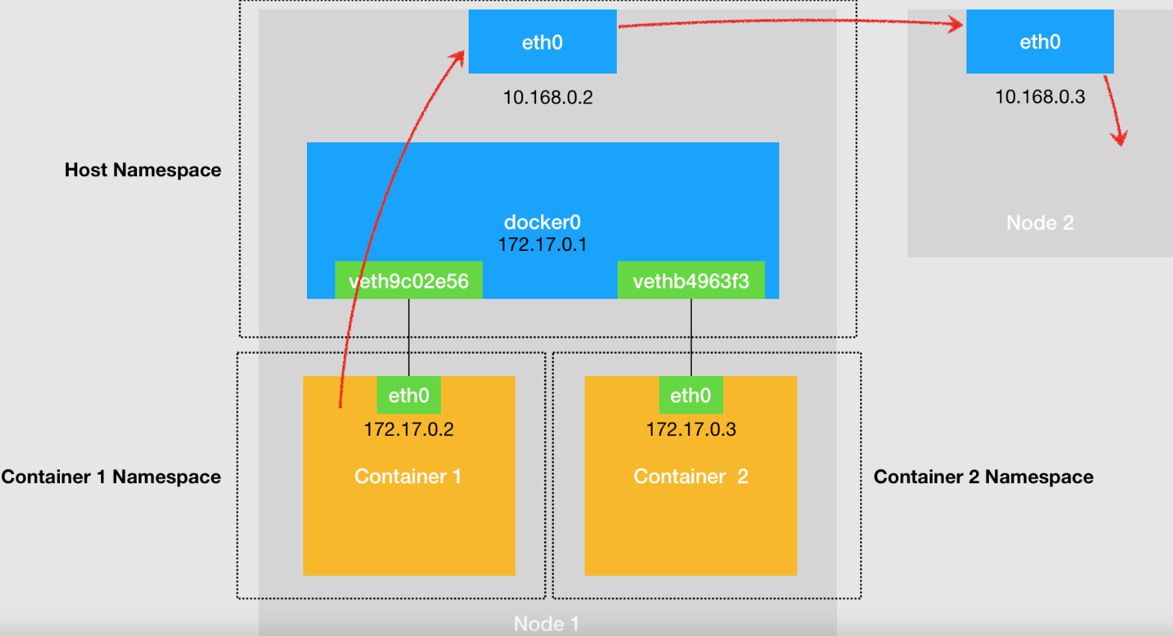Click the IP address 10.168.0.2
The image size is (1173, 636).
coord(548,97)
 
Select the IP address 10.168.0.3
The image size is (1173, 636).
coord(1040,97)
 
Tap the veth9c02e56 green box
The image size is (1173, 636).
coord(409,280)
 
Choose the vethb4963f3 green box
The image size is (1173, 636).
coord(691,280)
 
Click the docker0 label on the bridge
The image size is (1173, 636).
coord(543,222)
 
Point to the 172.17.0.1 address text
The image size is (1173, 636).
coord(543,245)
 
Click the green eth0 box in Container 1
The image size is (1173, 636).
coord(409,395)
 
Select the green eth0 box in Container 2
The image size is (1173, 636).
coord(691,395)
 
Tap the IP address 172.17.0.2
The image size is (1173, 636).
coord(409,429)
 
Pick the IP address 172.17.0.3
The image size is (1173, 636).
coord(691,429)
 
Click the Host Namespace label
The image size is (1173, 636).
coord(143,170)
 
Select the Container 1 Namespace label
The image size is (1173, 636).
coord(111,476)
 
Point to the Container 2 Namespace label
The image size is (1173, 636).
coord(984,476)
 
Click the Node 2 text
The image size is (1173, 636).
coord(1040,222)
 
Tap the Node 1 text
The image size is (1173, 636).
coord(546,623)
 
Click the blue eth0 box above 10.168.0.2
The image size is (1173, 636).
coord(543,41)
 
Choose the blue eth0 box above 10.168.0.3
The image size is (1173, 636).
coord(1040,41)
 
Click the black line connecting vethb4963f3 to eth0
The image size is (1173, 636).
coord(691,337)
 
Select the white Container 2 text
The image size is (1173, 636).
coord(691,476)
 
